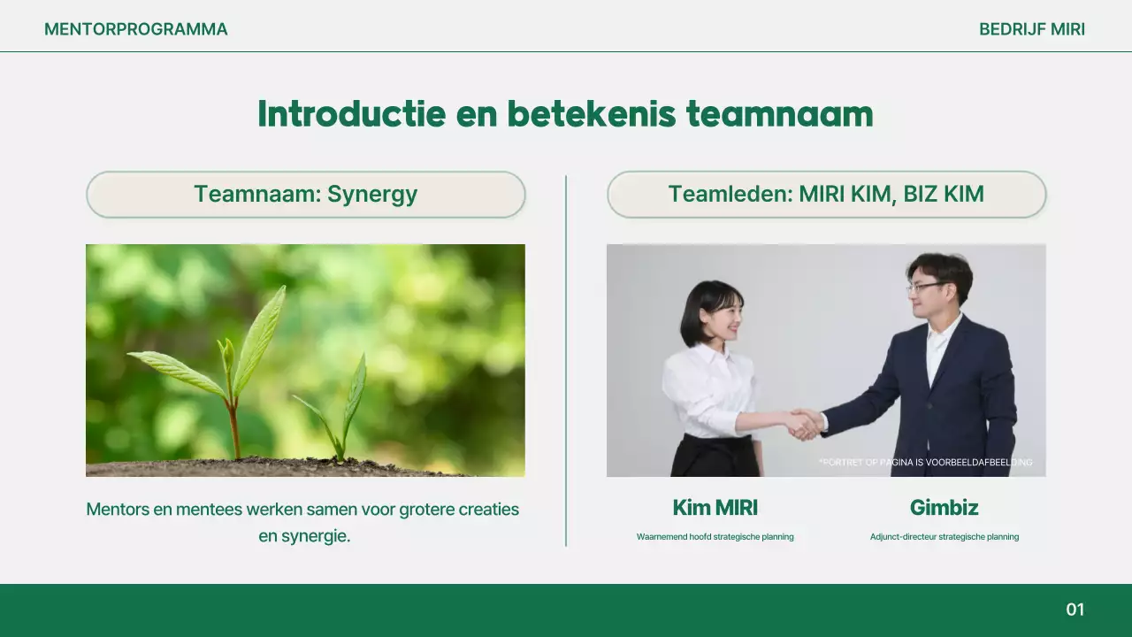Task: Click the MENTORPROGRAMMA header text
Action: [135, 29]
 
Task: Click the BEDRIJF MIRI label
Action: [1031, 29]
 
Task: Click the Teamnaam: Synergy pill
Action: [305, 195]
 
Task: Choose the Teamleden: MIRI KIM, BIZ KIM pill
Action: [826, 195]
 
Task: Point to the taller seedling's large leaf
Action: [260, 329]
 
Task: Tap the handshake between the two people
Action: [804, 423]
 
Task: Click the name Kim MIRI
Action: [715, 508]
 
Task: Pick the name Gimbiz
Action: [944, 508]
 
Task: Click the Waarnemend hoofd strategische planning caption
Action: [715, 537]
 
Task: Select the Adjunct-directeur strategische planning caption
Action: [944, 537]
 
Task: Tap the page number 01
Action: [1075, 610]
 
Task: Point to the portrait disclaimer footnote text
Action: [925, 463]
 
